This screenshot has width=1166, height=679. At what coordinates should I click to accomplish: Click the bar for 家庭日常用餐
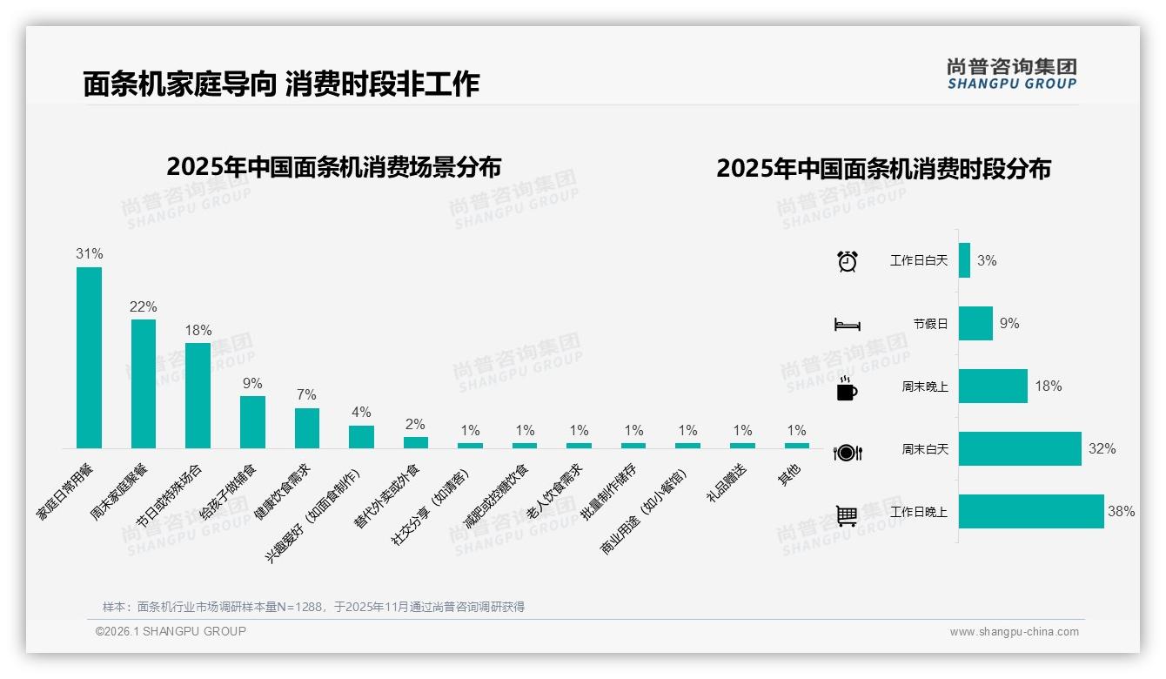(89, 357)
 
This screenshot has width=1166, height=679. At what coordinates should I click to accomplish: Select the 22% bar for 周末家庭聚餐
(144, 383)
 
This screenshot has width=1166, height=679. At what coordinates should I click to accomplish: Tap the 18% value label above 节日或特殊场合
(198, 331)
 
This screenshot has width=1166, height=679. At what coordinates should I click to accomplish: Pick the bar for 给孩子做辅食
(252, 422)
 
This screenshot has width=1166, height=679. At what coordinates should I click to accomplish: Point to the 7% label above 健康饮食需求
(306, 395)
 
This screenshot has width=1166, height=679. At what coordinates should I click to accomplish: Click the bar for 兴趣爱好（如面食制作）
(361, 436)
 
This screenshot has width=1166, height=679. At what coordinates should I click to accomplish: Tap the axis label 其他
(789, 474)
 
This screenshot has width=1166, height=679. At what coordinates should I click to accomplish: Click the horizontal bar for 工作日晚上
(1031, 512)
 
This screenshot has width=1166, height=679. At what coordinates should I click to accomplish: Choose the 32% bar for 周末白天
(1020, 449)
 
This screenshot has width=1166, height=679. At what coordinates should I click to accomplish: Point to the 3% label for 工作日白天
(987, 260)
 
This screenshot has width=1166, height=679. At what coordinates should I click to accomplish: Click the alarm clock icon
(847, 261)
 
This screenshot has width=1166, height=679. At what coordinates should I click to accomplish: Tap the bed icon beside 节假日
(847, 325)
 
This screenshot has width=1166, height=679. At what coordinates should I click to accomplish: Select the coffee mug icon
(847, 388)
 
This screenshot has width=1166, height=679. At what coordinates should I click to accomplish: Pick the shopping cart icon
(847, 515)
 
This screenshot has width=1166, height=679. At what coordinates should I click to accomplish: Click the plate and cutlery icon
(847, 452)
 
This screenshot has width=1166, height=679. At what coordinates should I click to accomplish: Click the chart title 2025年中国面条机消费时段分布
(883, 169)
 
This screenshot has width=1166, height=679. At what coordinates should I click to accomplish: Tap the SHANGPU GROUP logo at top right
(1011, 74)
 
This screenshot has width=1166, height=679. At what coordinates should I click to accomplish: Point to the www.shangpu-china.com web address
(1014, 632)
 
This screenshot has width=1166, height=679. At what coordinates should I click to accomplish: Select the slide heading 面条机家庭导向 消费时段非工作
(281, 84)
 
